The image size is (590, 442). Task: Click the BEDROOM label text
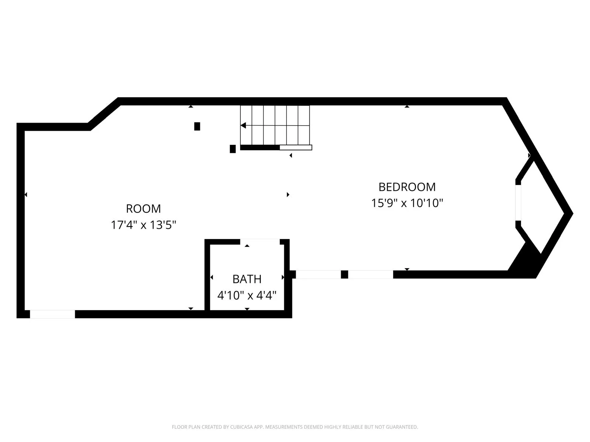(407, 187)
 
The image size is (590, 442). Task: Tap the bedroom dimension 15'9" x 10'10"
(407, 203)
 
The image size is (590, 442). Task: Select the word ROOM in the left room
(143, 209)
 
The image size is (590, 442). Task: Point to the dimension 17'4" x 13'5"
(143, 225)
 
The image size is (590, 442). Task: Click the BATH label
(247, 279)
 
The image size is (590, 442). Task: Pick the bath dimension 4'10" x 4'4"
(247, 295)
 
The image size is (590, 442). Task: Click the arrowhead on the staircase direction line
(243, 126)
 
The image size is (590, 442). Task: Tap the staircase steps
(275, 125)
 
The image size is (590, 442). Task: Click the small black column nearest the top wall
(197, 126)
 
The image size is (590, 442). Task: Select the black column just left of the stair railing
(233, 149)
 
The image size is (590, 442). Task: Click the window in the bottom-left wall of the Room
(52, 314)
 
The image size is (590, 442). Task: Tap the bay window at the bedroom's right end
(518, 203)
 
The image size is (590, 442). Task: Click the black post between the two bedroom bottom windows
(344, 274)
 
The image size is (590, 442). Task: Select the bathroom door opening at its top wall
(260, 242)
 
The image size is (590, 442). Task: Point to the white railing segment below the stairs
(296, 148)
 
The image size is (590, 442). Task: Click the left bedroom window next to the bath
(318, 274)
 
